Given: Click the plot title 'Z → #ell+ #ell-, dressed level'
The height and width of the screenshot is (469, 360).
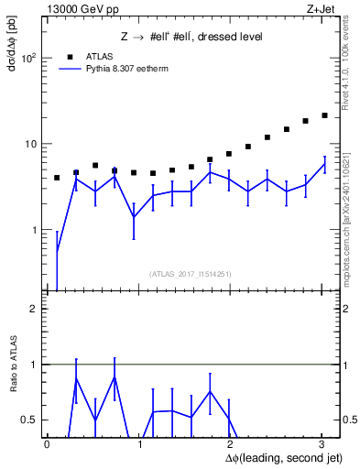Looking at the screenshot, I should coord(191,37).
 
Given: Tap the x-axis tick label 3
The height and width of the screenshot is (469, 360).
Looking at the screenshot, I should coord(322,444).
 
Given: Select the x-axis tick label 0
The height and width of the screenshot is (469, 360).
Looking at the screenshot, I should coord(48,444).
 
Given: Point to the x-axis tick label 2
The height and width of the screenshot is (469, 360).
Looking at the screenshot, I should coord(230,444).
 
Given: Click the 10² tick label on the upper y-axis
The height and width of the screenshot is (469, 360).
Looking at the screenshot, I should coord(29,58).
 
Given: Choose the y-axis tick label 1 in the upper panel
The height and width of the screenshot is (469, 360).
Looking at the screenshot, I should coord(35,230).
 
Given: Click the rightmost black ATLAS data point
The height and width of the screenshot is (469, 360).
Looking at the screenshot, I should coord(324,115).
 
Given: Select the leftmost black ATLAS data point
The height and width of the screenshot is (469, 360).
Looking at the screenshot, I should coord(57,178).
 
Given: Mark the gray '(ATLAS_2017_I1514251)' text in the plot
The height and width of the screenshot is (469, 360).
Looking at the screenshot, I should coord(191,274).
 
